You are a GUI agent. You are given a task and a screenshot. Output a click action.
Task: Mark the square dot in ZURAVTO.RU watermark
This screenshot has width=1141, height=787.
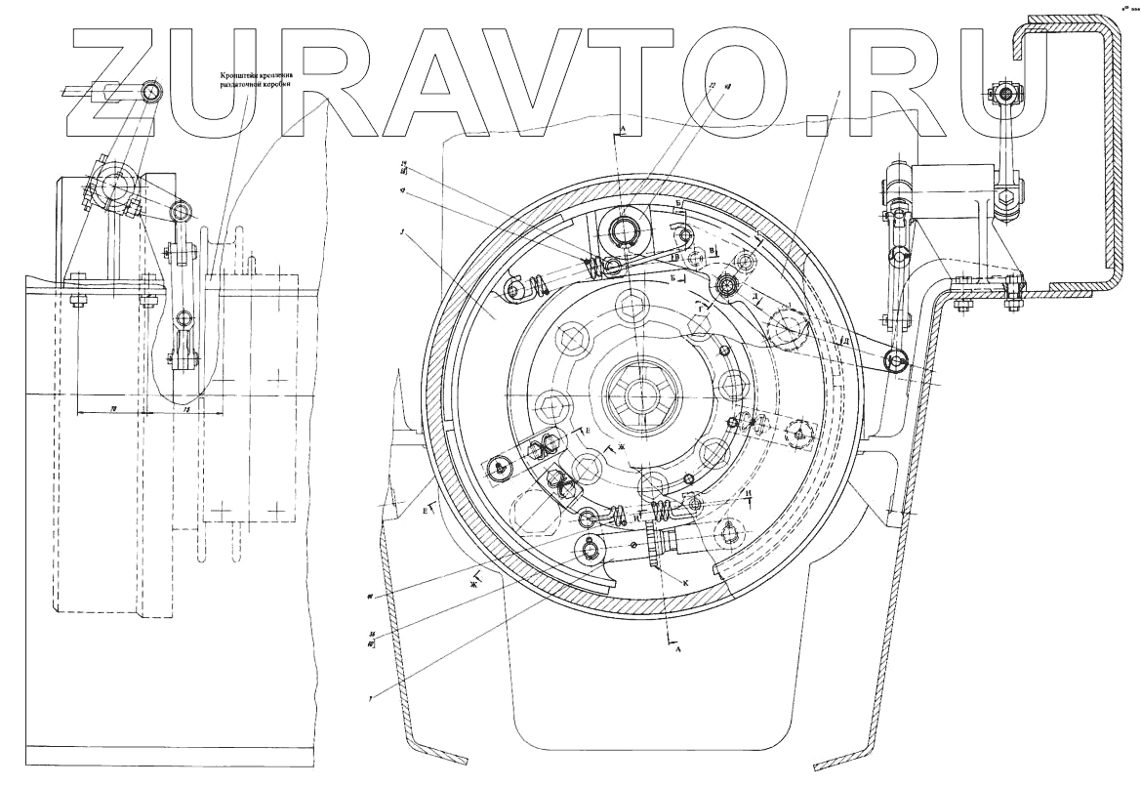tap(818, 124)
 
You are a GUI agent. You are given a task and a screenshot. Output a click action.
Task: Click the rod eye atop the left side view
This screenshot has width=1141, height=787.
tap(150, 91)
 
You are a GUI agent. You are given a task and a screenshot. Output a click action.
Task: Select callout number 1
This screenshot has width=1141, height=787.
tap(837, 90)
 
